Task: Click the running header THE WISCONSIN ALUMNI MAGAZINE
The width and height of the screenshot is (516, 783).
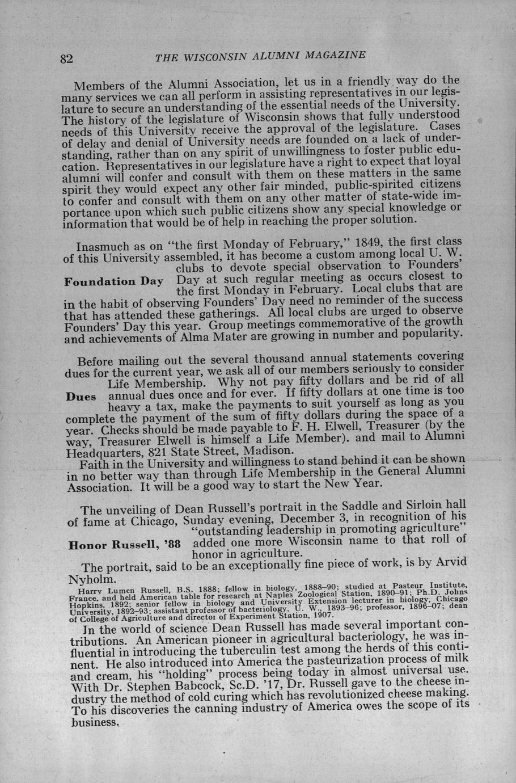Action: (260, 56)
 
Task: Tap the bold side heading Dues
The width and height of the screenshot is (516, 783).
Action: (81, 397)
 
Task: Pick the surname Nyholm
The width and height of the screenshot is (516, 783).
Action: (92, 580)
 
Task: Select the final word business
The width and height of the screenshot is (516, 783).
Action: (95, 723)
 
